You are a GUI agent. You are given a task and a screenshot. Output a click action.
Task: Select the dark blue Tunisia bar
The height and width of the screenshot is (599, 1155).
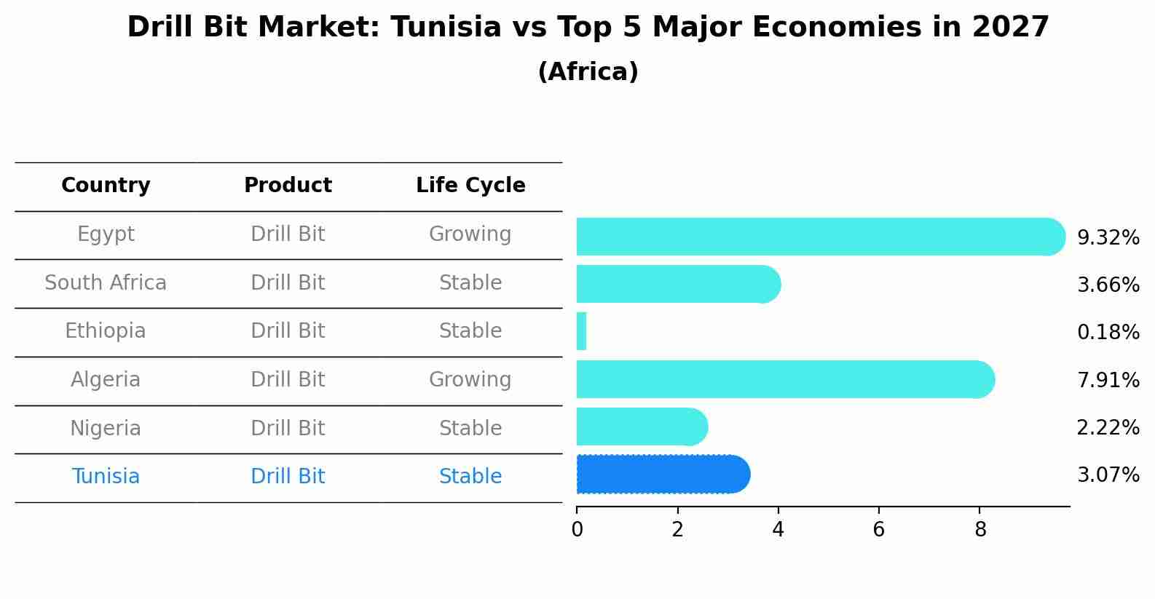663,475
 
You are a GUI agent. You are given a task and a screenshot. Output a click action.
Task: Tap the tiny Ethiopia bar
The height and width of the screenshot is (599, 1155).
581,332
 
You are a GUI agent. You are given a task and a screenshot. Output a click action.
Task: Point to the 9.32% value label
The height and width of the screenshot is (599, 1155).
1108,238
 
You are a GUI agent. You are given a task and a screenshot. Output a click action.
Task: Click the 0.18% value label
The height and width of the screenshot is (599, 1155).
1108,333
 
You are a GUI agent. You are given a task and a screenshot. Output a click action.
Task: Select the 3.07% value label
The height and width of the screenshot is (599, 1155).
1108,475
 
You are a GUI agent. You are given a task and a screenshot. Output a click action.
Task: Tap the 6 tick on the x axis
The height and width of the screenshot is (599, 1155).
878,530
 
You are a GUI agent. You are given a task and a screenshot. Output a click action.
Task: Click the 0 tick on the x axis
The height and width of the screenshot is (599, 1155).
577,530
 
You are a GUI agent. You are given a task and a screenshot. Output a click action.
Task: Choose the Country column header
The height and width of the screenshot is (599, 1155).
106,186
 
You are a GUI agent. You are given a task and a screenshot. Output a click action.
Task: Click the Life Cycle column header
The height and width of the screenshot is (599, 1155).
470,186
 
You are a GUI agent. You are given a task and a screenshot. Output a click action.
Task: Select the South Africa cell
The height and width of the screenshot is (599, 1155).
106,283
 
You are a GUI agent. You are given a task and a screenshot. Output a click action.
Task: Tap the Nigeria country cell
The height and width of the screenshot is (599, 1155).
106,429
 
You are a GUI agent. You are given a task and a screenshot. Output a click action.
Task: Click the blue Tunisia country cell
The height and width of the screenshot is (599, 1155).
106,477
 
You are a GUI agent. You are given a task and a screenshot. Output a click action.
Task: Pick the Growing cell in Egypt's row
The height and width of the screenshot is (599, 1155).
470,234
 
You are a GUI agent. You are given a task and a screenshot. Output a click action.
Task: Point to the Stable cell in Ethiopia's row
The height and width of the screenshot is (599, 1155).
470,331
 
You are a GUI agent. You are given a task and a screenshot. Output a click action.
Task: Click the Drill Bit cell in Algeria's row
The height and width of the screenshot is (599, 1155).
288,380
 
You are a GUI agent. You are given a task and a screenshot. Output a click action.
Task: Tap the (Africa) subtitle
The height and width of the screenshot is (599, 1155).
588,72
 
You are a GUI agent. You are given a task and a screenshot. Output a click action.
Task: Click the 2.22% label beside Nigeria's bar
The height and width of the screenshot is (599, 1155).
1108,428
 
